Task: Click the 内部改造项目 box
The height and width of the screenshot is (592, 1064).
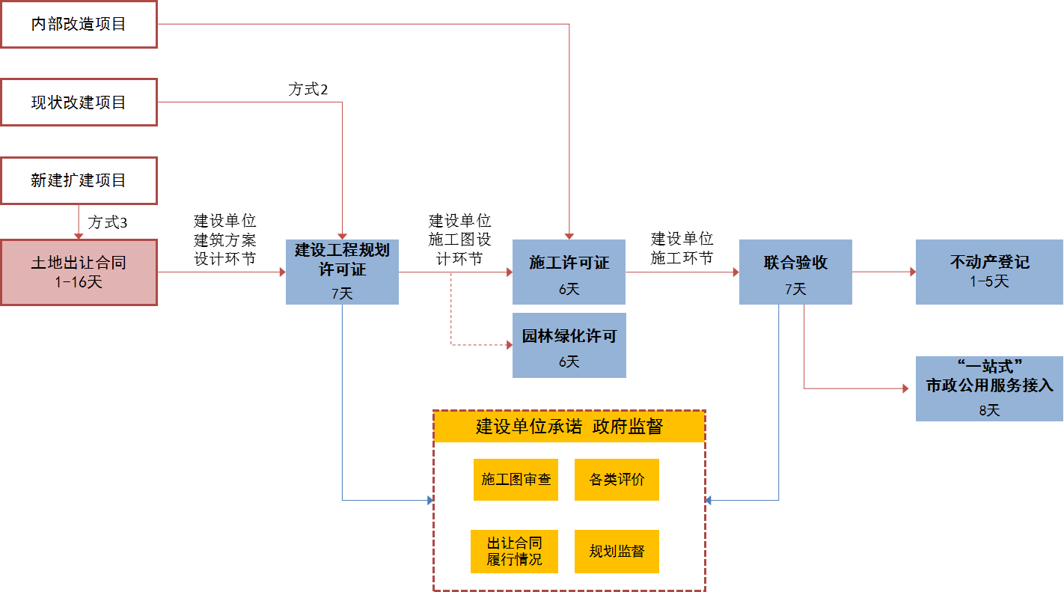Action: pos(79,25)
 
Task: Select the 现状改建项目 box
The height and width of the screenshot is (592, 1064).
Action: pos(79,103)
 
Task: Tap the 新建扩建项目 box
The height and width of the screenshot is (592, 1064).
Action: pos(79,180)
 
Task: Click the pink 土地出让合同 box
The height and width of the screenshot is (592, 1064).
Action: pos(79,272)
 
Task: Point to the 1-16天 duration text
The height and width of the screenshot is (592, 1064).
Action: pos(79,283)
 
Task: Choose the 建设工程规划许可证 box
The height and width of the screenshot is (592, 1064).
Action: pos(342,272)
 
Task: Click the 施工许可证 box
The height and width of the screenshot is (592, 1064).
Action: pos(569,272)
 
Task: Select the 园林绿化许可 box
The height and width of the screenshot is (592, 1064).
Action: pos(569,345)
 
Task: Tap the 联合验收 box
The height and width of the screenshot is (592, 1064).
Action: pos(795,272)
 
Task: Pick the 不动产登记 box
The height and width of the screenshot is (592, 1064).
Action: pos(989,272)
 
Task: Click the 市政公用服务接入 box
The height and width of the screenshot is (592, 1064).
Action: pos(989,388)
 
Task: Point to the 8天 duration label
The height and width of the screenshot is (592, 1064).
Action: pos(989,410)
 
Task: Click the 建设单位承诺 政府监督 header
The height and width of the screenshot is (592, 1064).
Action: pos(569,427)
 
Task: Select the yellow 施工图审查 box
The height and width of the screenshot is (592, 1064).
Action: pos(516,480)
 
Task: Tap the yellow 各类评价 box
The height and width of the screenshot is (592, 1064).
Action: pos(617,480)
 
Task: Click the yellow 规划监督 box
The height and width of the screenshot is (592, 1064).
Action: pos(617,552)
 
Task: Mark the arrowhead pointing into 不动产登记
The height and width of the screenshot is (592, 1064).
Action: pos(912,272)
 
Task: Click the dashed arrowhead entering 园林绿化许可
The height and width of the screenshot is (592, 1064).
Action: pos(509,345)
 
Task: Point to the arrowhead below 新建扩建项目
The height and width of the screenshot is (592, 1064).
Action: pos(79,235)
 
